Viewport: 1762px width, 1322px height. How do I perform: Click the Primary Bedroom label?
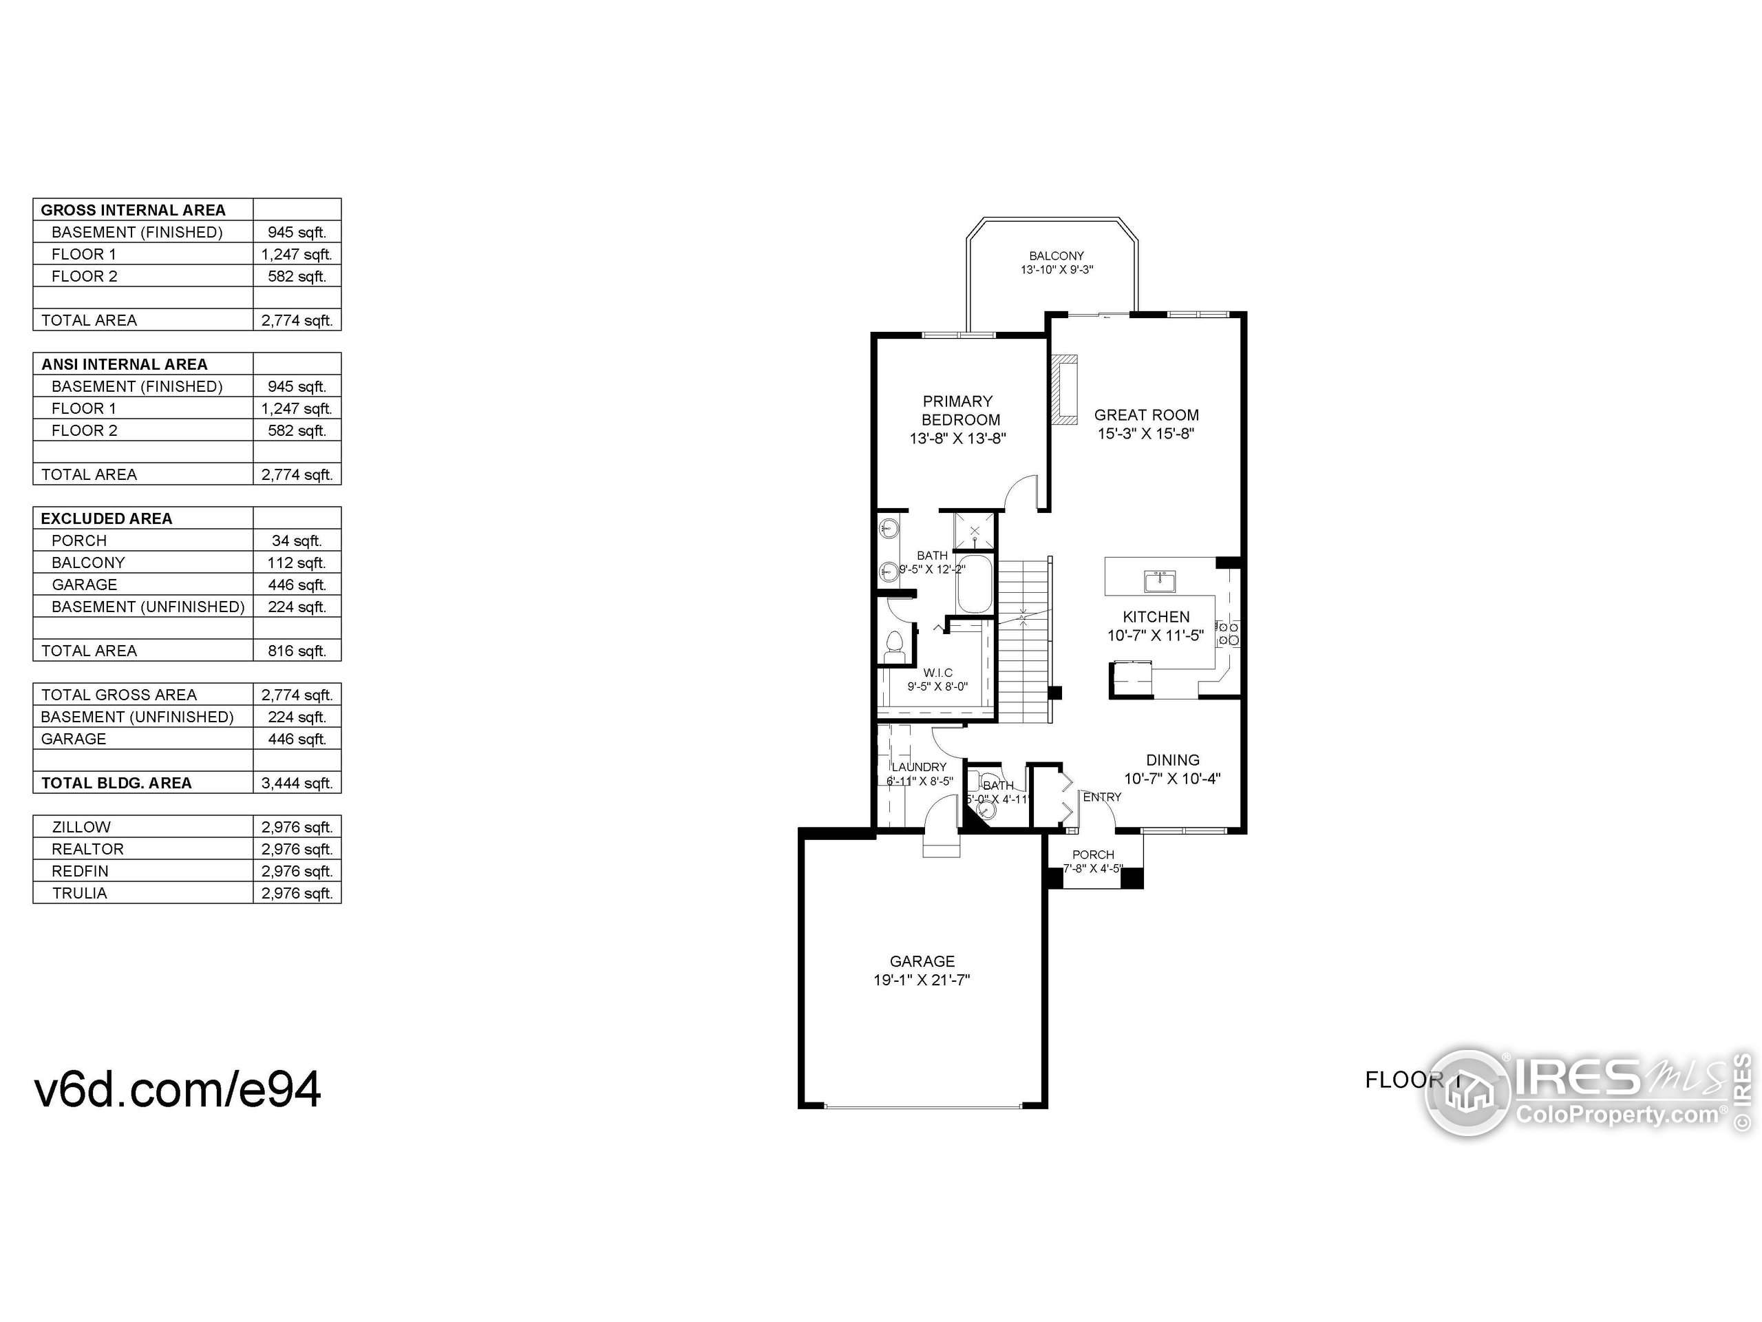pyautogui.click(x=958, y=410)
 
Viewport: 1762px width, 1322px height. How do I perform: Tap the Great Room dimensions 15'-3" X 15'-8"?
pyautogui.click(x=1145, y=434)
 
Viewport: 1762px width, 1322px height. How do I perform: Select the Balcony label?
pyautogui.click(x=1057, y=256)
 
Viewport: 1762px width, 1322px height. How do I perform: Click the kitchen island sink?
pyautogui.click(x=1160, y=582)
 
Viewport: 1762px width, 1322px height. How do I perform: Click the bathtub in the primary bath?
pyautogui.click(x=974, y=586)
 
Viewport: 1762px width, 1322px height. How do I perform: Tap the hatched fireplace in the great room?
pyautogui.click(x=1063, y=390)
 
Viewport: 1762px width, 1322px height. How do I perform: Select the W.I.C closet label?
pyautogui.click(x=937, y=673)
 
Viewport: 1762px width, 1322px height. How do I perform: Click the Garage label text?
pyautogui.click(x=922, y=961)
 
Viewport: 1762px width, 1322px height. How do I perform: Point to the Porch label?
pyautogui.click(x=1093, y=854)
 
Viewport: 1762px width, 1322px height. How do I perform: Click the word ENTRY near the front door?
pyautogui.click(x=1102, y=797)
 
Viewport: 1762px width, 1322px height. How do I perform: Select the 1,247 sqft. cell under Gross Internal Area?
pyautogui.click(x=297, y=254)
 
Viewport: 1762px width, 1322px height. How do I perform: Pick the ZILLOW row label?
pyautogui.click(x=81, y=827)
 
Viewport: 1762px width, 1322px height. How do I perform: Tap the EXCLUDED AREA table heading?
pyautogui.click(x=106, y=518)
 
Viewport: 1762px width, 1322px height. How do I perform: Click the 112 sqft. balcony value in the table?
pyautogui.click(x=297, y=563)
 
